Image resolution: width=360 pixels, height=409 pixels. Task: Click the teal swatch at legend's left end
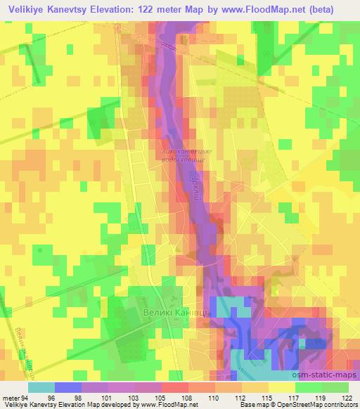click(x=41, y=387)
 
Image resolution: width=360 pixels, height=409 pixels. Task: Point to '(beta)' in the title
click(x=338, y=8)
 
